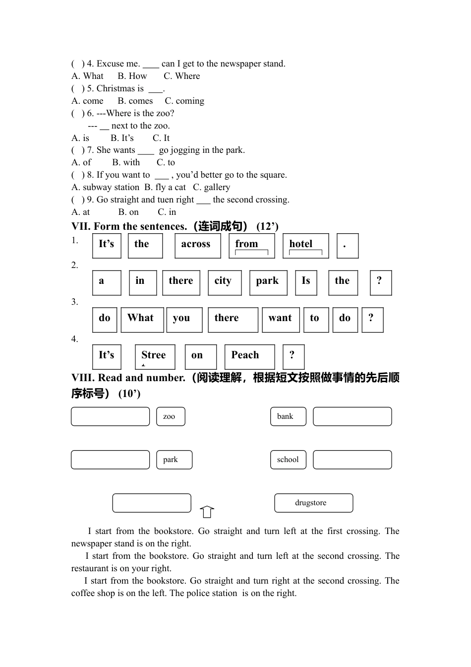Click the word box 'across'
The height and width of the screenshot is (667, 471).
(197, 246)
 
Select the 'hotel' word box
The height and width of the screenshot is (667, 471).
(305, 246)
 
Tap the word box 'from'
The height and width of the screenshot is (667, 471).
(251, 246)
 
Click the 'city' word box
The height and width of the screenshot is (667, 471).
(225, 282)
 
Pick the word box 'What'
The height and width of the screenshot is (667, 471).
(142, 320)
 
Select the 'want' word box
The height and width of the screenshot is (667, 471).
(281, 320)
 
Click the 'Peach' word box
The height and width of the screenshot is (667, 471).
(249, 357)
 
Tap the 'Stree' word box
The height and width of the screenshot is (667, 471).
(155, 357)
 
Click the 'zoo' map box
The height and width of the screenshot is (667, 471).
(171, 416)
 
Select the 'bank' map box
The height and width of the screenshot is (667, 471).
(288, 416)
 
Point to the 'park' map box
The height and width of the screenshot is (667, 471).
(174, 460)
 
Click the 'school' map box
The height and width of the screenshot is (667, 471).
(288, 460)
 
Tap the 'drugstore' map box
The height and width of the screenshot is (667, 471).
(313, 503)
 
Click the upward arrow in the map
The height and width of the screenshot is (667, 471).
(207, 512)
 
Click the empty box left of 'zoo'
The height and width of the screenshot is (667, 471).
(110, 416)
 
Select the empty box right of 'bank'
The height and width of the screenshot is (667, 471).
(352, 416)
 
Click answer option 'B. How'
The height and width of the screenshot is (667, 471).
(132, 76)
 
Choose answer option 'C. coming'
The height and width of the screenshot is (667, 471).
(184, 101)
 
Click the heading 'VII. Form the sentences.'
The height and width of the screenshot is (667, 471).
(129, 226)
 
